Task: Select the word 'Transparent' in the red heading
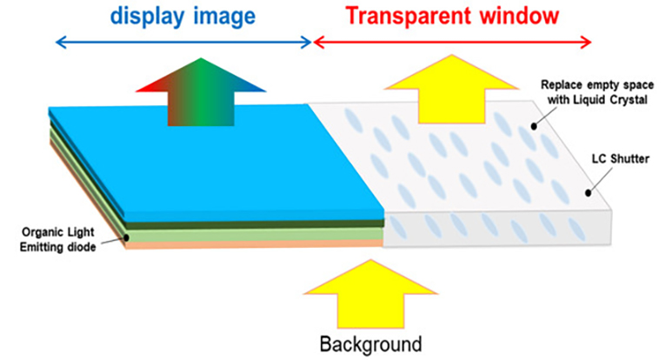pyautogui.click(x=402, y=16)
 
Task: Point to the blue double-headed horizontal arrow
pyautogui.click(x=183, y=42)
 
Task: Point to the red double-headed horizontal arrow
pyautogui.click(x=452, y=42)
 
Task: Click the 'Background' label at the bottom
pyautogui.click(x=369, y=342)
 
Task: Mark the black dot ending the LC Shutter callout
pyautogui.click(x=588, y=193)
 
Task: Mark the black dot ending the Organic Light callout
pyautogui.click(x=128, y=237)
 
